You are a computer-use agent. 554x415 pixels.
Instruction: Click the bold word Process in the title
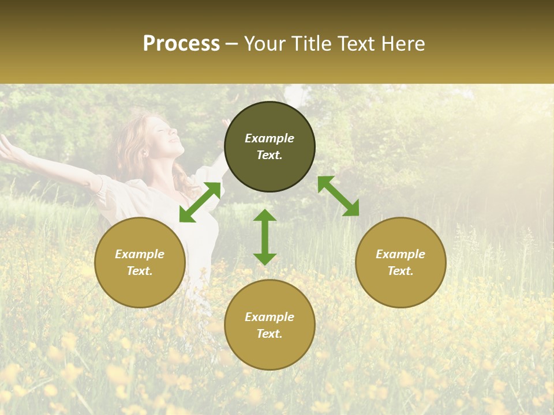point(181,44)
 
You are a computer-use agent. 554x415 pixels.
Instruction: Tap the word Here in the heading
point(402,44)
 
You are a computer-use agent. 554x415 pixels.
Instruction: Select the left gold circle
point(140,262)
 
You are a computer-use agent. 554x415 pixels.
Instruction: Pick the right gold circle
point(400,262)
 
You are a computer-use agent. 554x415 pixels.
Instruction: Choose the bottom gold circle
point(269,325)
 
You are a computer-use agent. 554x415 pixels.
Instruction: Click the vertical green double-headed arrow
point(265,237)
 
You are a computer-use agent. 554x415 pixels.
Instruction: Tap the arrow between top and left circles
point(200,202)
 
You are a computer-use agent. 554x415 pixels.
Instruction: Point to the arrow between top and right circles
point(338,196)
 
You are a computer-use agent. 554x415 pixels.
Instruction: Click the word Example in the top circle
point(269,138)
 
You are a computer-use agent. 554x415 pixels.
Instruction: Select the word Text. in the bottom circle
point(269,334)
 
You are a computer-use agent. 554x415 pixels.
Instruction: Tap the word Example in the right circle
point(400,254)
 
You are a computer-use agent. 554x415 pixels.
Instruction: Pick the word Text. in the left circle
point(140,271)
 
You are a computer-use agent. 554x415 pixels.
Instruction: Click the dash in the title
point(231,44)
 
